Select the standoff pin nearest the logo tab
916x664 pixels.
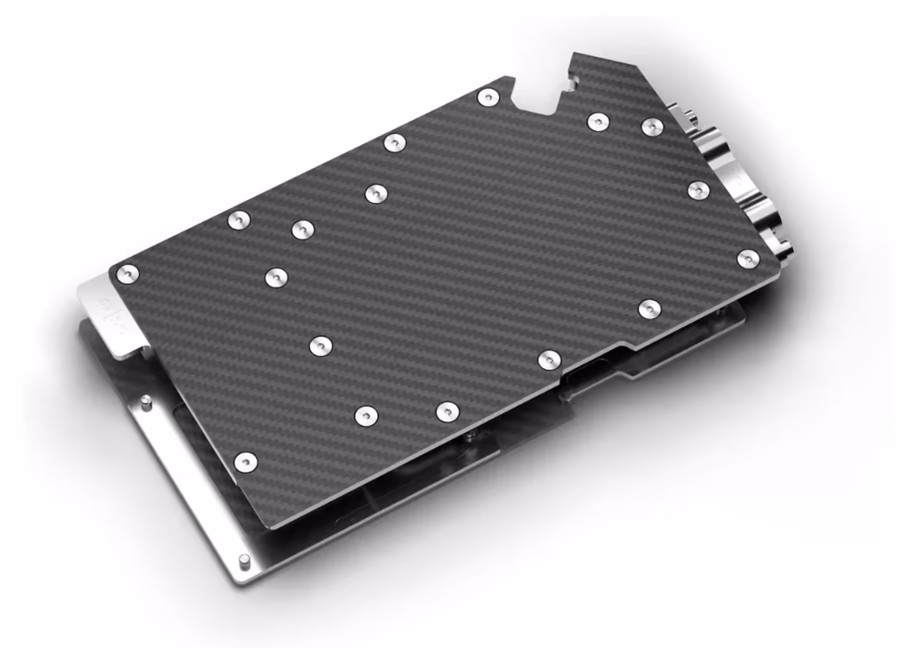pos(146,402)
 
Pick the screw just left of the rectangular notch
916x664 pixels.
pos(488,97)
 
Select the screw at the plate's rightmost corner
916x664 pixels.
pos(748,258)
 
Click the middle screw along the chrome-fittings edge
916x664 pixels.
pos(698,190)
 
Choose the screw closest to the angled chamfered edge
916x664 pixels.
pos(653,127)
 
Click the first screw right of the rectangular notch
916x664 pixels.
pos(596,121)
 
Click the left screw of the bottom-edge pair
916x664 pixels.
pos(366,415)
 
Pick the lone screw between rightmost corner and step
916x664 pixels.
pos(649,309)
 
